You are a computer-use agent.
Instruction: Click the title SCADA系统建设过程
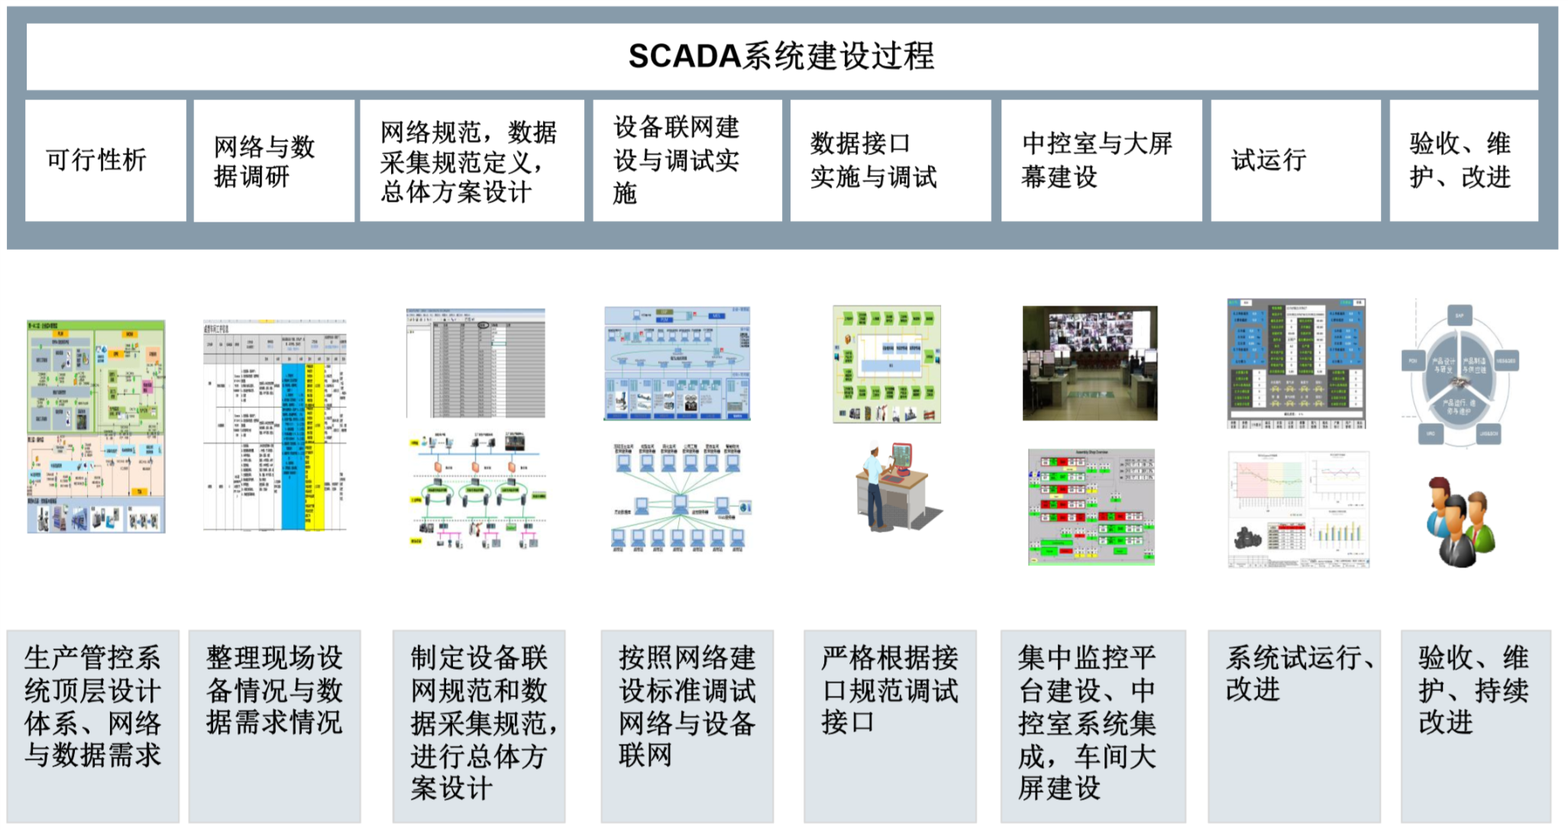coord(781,56)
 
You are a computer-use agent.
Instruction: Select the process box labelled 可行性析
coord(105,160)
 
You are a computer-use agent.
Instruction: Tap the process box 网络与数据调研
coord(273,160)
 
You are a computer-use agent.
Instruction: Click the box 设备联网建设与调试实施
coord(687,160)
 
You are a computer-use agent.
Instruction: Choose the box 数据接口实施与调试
coord(890,160)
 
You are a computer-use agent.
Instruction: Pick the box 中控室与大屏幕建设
coord(1101,160)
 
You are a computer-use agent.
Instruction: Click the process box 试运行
coord(1295,160)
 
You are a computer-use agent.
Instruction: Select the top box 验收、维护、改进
coord(1463,160)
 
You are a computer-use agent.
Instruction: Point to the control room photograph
coord(1090,363)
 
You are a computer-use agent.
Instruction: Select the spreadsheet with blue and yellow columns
coord(275,425)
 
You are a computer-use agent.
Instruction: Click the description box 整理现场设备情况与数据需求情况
coord(274,725)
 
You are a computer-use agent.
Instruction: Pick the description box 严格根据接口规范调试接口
coord(890,725)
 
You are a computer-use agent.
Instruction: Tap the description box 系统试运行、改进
coord(1294,725)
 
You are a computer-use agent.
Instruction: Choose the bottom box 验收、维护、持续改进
coord(1475,725)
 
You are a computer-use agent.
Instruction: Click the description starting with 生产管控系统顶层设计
coord(93,725)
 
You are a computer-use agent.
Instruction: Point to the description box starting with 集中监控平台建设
coord(1093,725)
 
